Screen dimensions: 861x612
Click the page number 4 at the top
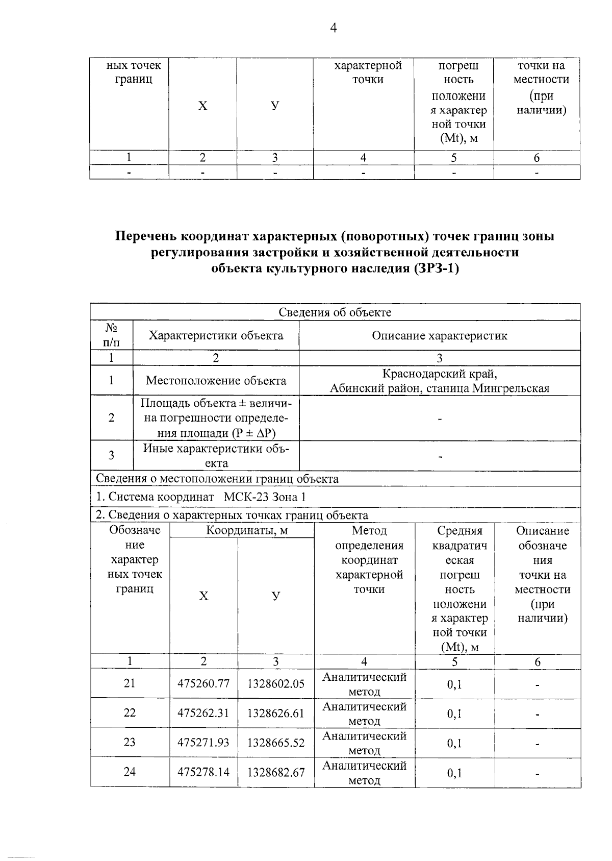333,28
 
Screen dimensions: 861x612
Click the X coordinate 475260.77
203,683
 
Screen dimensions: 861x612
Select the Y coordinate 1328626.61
276,713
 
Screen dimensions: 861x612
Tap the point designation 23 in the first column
130,742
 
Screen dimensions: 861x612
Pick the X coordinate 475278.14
203,772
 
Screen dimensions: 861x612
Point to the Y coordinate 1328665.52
276,743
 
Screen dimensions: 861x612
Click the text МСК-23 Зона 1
265,497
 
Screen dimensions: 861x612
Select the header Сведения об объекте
335,312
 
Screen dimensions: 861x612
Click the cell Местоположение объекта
216,381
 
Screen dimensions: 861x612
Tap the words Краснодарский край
439,374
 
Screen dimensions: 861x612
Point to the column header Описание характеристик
439,336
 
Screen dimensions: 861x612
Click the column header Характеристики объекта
216,336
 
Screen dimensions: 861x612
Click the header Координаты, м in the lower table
247,531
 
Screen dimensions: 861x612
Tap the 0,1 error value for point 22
454,714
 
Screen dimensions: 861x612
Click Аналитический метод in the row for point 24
364,773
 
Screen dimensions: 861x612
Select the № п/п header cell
111,335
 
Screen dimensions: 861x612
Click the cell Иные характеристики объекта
216,456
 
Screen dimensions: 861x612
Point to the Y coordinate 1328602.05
276,683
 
